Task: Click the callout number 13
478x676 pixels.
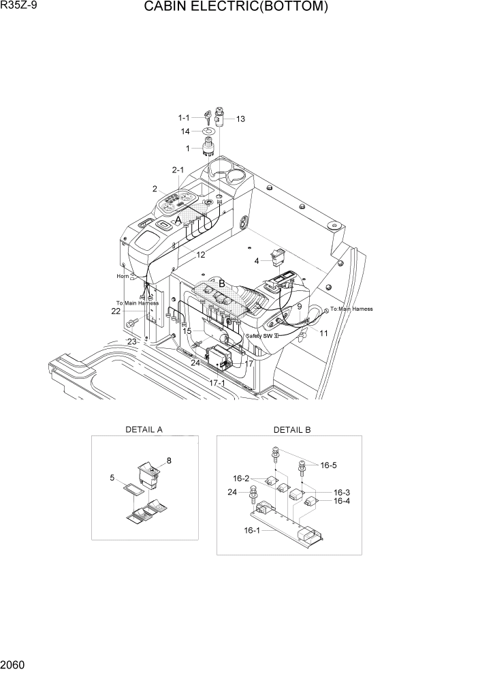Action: click(x=240, y=119)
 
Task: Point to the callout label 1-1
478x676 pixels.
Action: click(x=184, y=117)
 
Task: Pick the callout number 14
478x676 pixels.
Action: click(x=185, y=131)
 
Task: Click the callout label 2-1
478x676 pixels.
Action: click(x=178, y=170)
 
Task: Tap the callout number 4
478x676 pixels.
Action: click(x=257, y=260)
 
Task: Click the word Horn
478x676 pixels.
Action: click(x=123, y=276)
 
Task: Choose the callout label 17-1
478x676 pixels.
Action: click(x=217, y=384)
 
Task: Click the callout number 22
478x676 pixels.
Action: click(x=116, y=311)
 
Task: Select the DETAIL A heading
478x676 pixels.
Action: click(x=144, y=430)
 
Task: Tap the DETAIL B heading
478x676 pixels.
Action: click(x=291, y=430)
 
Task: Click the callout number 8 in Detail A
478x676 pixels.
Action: click(x=168, y=461)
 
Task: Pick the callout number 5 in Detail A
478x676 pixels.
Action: click(x=112, y=478)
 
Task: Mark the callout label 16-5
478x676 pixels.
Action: click(x=328, y=465)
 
